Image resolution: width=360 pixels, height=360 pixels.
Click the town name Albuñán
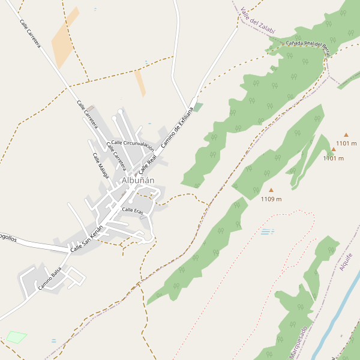click(x=138, y=180)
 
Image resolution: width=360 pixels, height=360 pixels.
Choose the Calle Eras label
click(x=132, y=210)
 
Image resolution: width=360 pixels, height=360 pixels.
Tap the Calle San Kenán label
click(x=87, y=240)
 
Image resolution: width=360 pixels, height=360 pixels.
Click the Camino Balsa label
click(x=50, y=280)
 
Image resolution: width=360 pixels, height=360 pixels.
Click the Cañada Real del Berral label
click(x=308, y=44)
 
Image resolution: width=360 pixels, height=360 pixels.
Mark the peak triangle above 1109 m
click(x=271, y=190)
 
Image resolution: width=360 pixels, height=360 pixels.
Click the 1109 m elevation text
click(x=271, y=199)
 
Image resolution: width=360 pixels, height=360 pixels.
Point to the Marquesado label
click(x=298, y=343)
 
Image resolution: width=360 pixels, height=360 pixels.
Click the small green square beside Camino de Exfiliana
click(x=199, y=107)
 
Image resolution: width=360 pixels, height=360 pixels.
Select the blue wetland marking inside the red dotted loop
click(x=267, y=232)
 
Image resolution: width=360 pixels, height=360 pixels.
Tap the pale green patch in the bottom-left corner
click(x=16, y=337)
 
